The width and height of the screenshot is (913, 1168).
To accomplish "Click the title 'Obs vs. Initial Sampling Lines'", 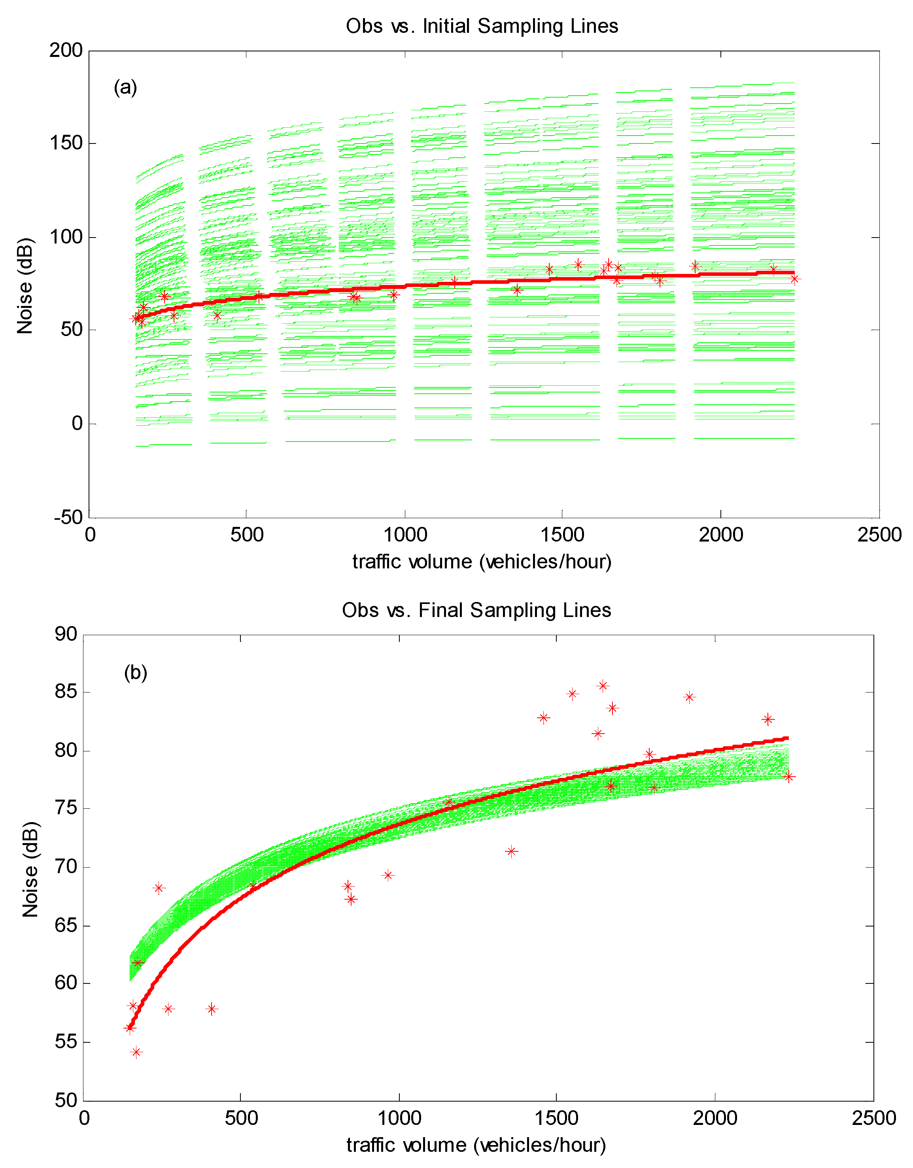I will tap(482, 26).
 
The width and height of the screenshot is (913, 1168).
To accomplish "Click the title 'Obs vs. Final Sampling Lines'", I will tap(476, 610).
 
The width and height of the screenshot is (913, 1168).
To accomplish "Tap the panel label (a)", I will tap(126, 87).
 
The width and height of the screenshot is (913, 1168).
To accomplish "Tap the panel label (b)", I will tap(135, 672).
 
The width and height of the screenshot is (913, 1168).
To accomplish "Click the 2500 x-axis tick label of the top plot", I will tap(879, 535).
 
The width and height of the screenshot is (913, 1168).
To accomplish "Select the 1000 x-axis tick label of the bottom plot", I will tap(399, 1118).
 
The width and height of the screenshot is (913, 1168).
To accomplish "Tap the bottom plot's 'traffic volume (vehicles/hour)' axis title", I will tap(476, 1145).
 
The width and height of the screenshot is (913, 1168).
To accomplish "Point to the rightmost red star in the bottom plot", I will tap(789, 777).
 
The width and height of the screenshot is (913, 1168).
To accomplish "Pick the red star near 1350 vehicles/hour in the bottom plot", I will tap(511, 851).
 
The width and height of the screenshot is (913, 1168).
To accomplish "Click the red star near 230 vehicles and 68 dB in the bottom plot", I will tap(158, 888).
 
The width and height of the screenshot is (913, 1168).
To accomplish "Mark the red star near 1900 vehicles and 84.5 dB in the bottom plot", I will tap(690, 697).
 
